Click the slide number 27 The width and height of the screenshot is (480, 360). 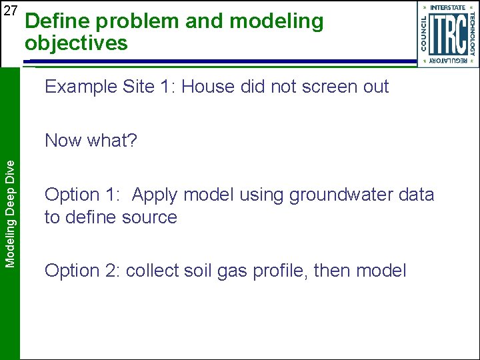click(10, 11)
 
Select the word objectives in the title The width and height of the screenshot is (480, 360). click(76, 44)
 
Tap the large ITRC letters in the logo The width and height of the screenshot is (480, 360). click(447, 33)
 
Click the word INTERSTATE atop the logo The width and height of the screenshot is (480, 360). click(447, 7)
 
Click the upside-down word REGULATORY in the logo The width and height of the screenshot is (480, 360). click(447, 60)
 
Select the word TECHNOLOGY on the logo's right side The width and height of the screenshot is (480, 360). click(472, 33)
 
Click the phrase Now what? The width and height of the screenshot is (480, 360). click(91, 141)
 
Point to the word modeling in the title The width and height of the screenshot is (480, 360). click(276, 21)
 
